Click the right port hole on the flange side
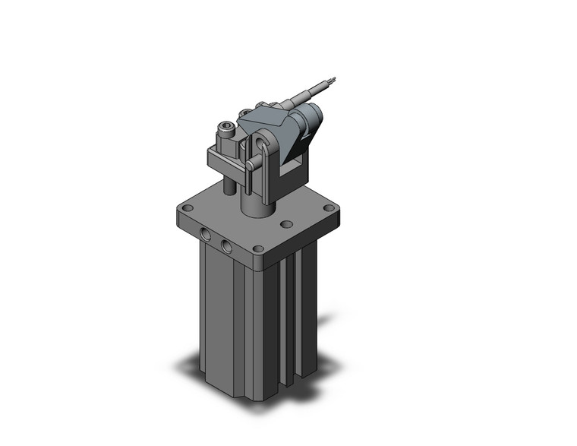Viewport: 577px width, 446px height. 226,245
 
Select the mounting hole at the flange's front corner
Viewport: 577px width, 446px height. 259,248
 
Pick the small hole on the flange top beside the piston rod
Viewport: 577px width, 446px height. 286,224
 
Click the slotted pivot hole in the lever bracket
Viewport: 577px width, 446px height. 263,143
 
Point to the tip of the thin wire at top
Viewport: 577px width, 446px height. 331,77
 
